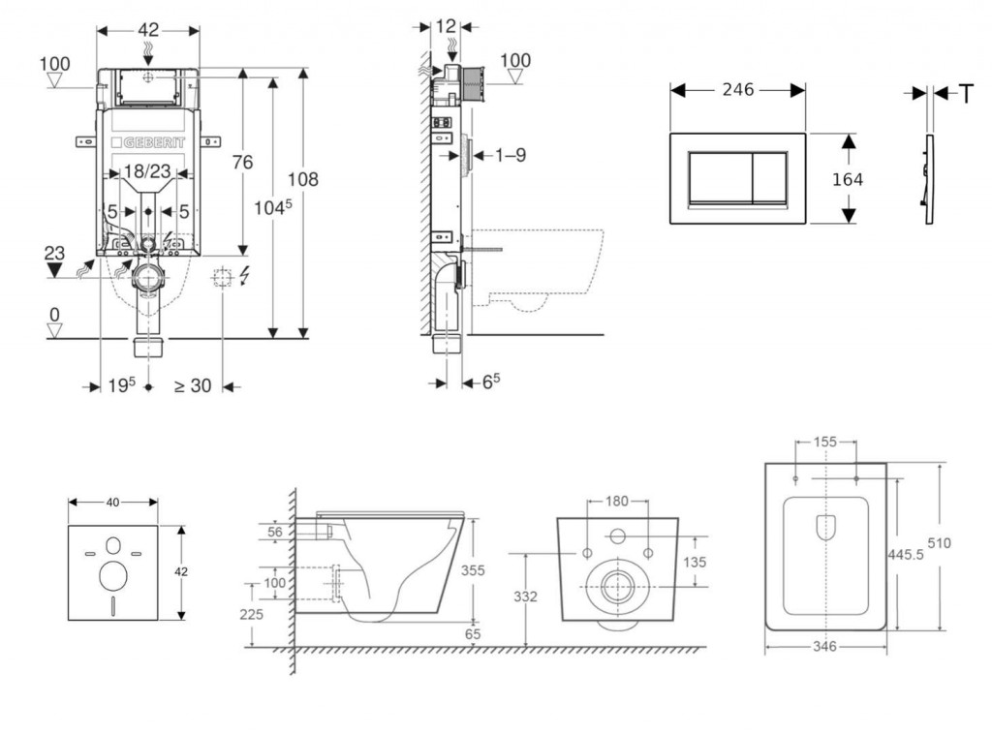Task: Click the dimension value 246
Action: point(738,90)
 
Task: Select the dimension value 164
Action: point(847,179)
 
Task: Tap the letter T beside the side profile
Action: point(966,93)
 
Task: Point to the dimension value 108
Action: point(302,179)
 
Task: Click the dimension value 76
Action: point(241,162)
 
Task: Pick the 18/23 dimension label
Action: point(148,171)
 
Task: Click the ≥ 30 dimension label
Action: point(192,385)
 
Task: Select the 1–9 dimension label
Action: point(510,155)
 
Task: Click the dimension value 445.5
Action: point(903,552)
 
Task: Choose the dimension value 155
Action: point(825,442)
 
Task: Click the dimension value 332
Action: point(525,596)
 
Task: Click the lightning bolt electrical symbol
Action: point(242,279)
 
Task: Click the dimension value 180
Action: point(617,502)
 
